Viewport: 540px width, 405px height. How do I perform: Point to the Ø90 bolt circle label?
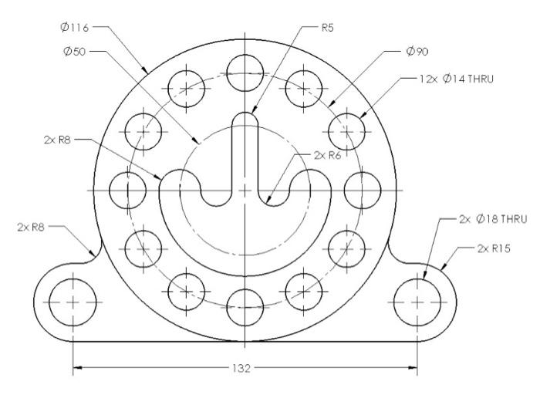coord(417,52)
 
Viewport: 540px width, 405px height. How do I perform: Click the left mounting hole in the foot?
coord(73,302)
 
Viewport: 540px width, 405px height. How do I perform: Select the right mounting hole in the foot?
coord(417,302)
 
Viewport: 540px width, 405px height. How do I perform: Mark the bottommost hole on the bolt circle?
coord(245,305)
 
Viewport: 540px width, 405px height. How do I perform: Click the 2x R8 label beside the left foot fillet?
coord(32,227)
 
